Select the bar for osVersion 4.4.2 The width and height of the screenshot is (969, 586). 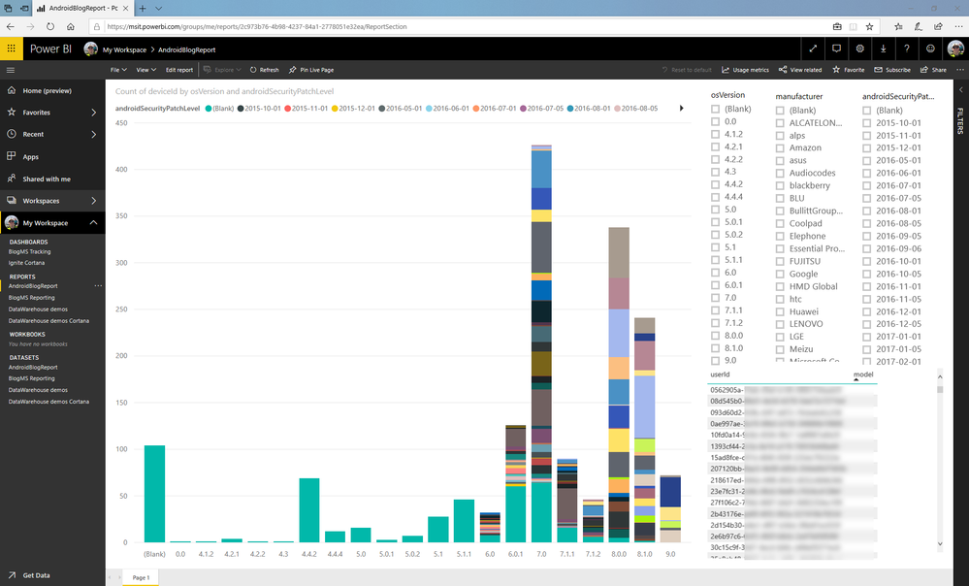308,509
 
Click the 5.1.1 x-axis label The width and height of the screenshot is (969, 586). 464,554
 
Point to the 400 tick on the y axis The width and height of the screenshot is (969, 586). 121,170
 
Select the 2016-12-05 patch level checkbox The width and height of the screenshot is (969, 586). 866,324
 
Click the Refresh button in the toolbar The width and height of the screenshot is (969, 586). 264,70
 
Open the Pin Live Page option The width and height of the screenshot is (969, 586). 310,70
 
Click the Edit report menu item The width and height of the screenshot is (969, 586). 179,70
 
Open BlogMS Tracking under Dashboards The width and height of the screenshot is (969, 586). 29,251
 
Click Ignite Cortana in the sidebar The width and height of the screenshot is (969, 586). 27,263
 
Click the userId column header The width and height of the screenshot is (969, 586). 721,374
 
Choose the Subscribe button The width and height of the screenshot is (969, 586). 892,70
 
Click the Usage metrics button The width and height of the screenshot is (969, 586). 746,70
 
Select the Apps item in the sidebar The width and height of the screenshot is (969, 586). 31,156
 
